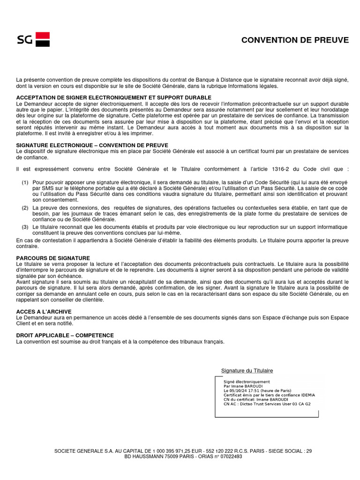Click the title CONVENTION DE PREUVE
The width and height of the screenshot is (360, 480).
coord(295,40)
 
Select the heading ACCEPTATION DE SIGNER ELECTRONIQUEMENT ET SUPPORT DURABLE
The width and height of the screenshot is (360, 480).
coord(113,97)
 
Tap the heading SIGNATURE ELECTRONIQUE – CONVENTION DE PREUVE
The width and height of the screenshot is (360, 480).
coord(92,145)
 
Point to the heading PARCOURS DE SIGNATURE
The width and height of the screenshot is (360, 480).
coord(53,258)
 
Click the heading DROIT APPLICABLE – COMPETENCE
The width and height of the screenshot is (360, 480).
coord(65,335)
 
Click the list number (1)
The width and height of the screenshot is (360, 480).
coord(25,182)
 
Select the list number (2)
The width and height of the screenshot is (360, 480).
coord(25,207)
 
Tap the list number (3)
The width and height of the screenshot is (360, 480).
coord(25,227)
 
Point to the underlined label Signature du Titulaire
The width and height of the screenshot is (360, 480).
coord(247,371)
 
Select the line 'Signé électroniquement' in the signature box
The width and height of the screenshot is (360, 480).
coord(247,382)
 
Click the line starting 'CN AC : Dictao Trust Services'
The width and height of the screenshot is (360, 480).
coord(267,404)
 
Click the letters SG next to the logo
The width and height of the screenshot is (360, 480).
coord(24,40)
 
